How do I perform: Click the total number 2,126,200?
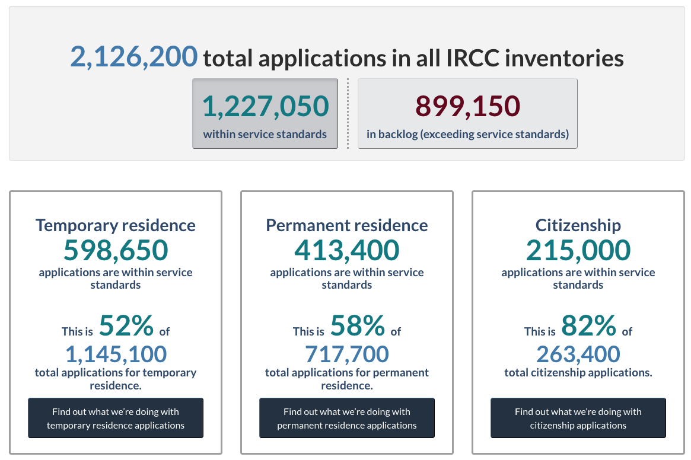134,57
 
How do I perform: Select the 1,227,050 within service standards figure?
265,106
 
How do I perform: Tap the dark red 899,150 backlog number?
467,106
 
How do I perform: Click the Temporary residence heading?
116,225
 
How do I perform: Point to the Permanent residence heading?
347,225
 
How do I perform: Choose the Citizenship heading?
578,225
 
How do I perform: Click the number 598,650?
116,250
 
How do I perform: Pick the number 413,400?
347,250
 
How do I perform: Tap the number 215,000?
578,250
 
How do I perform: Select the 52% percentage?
126,325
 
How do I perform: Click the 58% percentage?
358,325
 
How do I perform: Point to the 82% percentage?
588,325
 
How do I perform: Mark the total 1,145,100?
116,354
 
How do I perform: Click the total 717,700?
347,354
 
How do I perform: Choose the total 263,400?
578,354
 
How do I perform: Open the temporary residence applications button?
116,418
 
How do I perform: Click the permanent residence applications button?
347,418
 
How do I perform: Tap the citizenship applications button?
578,418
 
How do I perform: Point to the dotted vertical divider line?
348,114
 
